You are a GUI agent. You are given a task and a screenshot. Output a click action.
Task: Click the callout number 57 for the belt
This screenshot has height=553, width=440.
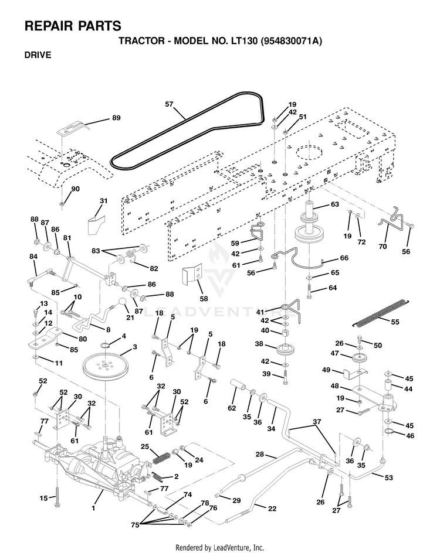(x=169, y=104)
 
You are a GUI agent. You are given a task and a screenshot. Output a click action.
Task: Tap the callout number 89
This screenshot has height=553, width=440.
(x=116, y=118)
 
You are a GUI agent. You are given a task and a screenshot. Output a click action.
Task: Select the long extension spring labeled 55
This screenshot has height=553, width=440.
(x=381, y=313)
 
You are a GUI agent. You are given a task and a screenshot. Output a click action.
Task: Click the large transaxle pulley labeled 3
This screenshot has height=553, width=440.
(x=105, y=367)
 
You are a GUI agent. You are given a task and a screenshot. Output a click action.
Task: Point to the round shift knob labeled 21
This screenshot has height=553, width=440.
(x=123, y=302)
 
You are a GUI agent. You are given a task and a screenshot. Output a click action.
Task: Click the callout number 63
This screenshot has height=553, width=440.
(x=334, y=204)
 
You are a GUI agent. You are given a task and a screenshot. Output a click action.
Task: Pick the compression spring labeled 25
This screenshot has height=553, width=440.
(x=162, y=458)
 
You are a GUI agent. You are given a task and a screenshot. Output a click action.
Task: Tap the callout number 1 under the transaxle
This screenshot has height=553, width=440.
(x=93, y=508)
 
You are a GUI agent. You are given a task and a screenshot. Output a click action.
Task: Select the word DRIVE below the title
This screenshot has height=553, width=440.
(x=38, y=55)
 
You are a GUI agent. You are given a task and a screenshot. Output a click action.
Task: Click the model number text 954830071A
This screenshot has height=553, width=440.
(x=290, y=41)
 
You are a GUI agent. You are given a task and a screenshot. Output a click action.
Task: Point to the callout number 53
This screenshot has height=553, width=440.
(x=388, y=477)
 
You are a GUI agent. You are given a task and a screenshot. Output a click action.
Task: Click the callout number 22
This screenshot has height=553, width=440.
(x=272, y=508)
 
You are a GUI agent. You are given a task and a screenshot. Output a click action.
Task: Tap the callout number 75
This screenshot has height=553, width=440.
(x=136, y=525)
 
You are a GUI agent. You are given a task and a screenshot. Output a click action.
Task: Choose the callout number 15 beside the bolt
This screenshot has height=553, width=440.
(x=43, y=498)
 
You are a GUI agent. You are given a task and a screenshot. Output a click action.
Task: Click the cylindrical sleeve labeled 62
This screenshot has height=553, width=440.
(x=239, y=385)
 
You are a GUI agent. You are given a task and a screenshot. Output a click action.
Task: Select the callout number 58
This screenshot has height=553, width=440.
(x=204, y=299)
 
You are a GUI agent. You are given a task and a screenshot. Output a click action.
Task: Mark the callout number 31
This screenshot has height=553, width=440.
(x=103, y=201)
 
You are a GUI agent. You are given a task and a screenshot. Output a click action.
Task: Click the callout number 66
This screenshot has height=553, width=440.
(x=344, y=258)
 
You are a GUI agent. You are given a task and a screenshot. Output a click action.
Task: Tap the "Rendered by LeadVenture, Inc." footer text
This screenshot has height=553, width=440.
(x=219, y=548)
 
